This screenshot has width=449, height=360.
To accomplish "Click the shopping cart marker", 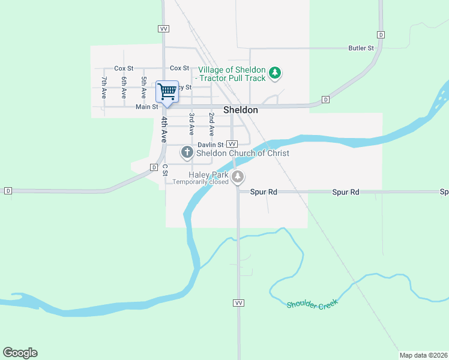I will tap(167, 92).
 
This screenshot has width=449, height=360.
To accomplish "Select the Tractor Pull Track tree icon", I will tap(275, 73).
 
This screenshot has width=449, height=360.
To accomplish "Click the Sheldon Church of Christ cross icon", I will tap(187, 152).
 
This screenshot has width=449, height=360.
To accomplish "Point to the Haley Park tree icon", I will tap(238, 176).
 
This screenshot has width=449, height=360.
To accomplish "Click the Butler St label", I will tap(362, 48).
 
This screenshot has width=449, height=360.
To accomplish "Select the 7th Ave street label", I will tap(104, 88).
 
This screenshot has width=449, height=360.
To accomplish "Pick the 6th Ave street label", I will tap(124, 88).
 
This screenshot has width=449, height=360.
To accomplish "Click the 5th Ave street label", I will tap(144, 88).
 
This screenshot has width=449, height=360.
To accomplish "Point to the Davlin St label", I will tap(211, 145).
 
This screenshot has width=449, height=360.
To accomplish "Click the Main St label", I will tap(146, 107).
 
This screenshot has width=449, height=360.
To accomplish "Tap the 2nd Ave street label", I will tap(211, 123).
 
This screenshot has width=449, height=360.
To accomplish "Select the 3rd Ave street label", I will tap(191, 123).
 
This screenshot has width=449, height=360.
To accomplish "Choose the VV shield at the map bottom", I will tap(238, 302).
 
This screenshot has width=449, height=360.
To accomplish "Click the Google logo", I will tap(20, 353).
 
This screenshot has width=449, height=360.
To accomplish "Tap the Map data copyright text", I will tap(424, 355).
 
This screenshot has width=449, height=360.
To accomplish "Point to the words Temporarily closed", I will tap(200, 182).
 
